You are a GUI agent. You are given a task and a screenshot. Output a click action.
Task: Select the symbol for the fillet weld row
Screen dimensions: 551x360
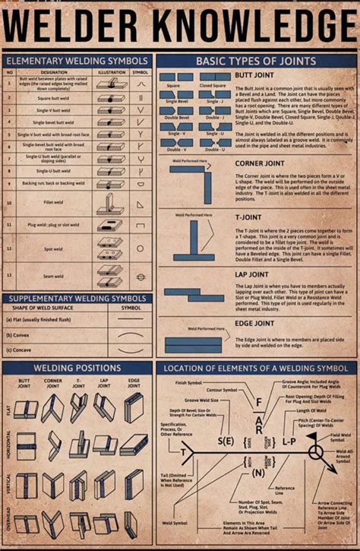click(141, 204)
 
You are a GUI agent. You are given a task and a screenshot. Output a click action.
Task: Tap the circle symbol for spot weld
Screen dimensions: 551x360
click(141, 249)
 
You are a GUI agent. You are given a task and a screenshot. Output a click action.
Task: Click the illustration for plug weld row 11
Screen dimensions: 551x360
click(110, 226)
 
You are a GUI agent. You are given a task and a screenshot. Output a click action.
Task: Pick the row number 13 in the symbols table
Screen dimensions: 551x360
click(10, 274)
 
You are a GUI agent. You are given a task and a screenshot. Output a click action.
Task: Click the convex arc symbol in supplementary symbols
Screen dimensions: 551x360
click(131, 335)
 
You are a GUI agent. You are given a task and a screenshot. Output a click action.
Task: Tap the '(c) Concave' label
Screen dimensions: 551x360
click(20, 350)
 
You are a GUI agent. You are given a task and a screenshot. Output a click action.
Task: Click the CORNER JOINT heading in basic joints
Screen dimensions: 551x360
click(261, 163)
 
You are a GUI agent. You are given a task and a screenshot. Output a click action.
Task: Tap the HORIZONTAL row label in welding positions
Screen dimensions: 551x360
click(8, 444)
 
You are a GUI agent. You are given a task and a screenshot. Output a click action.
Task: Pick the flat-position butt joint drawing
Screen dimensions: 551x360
click(26, 409)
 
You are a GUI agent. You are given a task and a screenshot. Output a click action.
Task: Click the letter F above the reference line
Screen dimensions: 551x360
click(258, 403)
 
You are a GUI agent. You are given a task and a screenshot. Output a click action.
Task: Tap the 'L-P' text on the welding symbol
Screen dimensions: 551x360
click(289, 441)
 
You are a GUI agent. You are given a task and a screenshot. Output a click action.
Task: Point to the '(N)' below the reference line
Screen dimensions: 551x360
click(257, 473)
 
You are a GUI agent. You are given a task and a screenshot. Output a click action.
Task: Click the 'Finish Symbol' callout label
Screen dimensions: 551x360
click(191, 382)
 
